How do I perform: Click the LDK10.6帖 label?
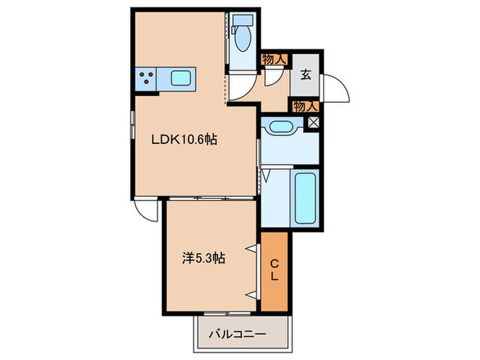tap(184, 139)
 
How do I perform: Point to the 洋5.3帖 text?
tap(204, 259)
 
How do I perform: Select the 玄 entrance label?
tap(305, 75)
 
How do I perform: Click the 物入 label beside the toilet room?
tap(274, 60)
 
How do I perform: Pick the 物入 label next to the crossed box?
tap(305, 106)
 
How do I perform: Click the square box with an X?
tap(315, 123)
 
